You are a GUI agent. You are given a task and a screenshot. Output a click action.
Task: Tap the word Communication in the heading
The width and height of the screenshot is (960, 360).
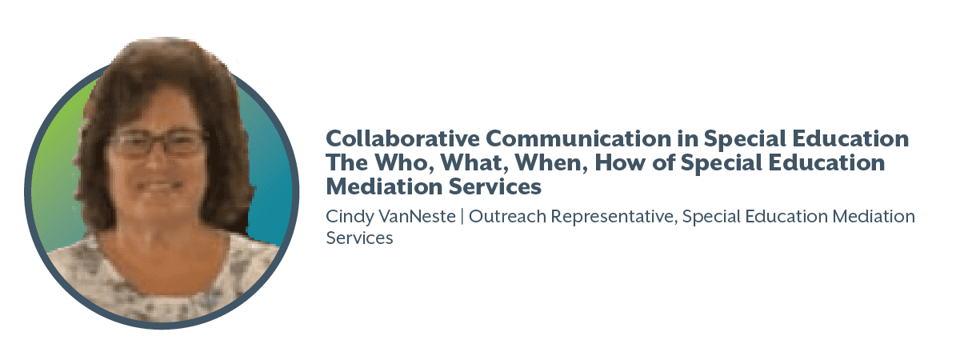click(578, 138)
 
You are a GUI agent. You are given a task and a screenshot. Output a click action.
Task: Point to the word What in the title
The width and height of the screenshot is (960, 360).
click(474, 163)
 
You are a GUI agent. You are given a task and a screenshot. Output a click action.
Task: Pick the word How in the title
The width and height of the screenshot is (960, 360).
click(620, 163)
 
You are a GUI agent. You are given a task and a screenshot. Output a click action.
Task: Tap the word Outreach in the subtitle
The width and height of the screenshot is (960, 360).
click(507, 217)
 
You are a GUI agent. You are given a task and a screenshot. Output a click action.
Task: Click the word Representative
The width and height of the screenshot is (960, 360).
click(614, 218)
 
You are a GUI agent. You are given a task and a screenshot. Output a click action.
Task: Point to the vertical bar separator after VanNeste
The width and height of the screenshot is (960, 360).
click(462, 217)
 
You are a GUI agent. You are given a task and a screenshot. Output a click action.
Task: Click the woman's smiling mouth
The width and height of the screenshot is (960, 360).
click(158, 187)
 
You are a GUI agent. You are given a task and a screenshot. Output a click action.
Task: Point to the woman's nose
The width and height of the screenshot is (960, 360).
click(155, 162)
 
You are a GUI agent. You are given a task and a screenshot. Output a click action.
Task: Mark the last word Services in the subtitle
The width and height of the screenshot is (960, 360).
click(359, 238)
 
